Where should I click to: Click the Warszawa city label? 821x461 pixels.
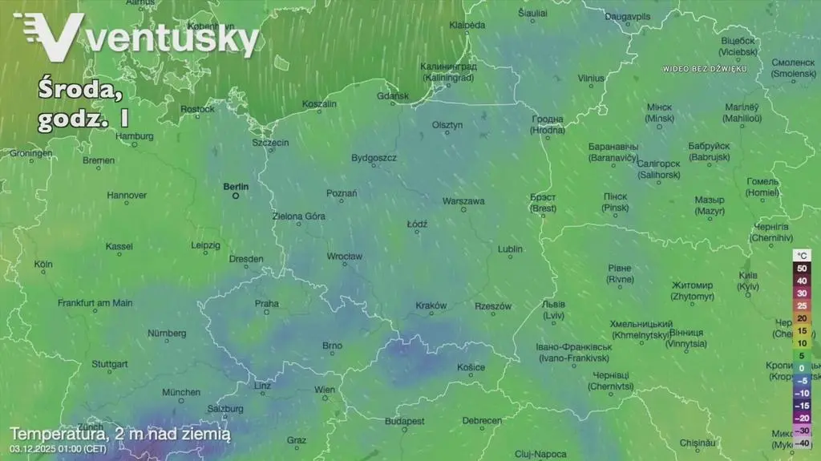[x=463, y=201]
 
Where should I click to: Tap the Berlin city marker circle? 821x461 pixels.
[x=236, y=196]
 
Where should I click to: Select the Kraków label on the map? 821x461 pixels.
[x=431, y=305]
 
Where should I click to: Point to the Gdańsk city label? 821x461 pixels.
[x=392, y=96]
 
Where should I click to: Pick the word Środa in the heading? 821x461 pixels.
[x=80, y=91]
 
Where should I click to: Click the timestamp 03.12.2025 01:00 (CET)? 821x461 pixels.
[x=58, y=448]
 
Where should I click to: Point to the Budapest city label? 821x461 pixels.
[x=404, y=421]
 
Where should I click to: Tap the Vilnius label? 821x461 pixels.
[x=591, y=79]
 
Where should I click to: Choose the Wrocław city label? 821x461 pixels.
[x=345, y=257]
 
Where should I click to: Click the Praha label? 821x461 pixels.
[x=267, y=303]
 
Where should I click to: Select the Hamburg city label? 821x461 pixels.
[x=135, y=136]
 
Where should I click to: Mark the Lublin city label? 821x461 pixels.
[x=510, y=249]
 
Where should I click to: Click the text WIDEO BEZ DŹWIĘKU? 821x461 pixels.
[x=705, y=69]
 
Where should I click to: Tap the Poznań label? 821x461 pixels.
[x=342, y=193]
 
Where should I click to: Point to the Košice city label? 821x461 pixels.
[x=471, y=367]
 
